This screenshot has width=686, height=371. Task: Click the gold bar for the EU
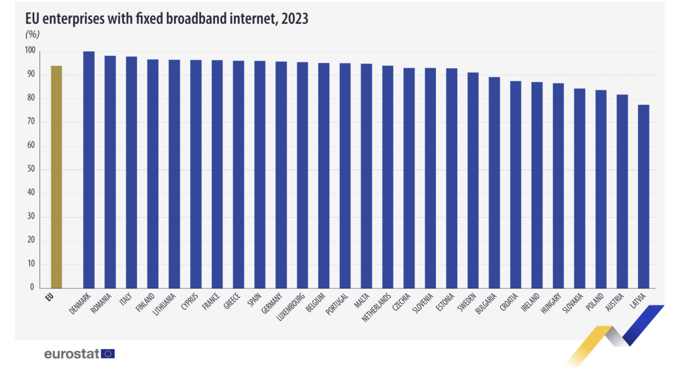[x=56, y=176]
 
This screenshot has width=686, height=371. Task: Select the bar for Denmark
[x=89, y=169]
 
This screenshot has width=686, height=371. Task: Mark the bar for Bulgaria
[x=494, y=182]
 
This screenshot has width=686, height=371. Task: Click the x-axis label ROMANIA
[x=101, y=303]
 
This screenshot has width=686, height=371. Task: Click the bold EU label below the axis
[x=50, y=296]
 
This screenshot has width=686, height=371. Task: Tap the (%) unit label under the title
[x=32, y=34]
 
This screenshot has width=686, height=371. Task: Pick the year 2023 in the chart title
[x=294, y=19]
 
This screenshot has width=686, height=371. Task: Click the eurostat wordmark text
[x=72, y=354]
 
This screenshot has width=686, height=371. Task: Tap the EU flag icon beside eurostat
[x=108, y=354]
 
